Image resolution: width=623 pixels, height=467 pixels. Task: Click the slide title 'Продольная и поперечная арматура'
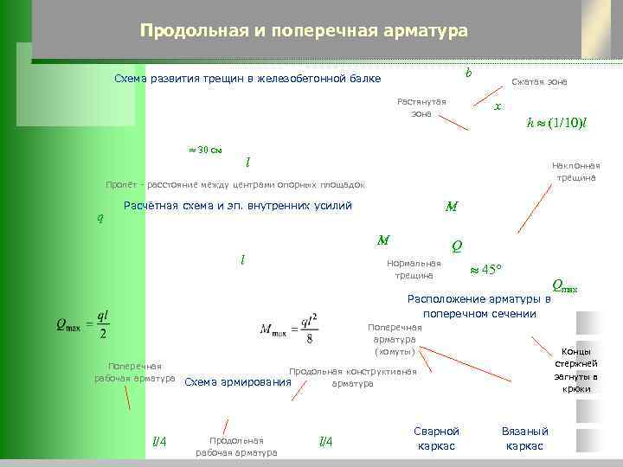304,31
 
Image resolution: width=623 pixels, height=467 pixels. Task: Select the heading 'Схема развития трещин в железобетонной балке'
247,79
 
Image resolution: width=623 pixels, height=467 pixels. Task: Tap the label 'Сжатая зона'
539,81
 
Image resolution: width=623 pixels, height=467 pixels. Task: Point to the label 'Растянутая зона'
421,107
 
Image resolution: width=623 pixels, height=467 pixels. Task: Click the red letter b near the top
468,72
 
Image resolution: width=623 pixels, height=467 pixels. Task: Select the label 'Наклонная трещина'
575,171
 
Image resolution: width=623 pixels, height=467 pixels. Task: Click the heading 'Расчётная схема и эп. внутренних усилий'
238,206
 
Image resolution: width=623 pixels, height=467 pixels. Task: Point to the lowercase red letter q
100,218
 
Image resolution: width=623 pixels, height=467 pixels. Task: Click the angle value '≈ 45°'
485,269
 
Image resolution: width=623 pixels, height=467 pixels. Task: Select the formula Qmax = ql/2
82,325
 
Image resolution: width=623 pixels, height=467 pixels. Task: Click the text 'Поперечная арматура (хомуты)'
395,340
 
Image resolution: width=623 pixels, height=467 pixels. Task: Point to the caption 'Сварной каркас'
437,438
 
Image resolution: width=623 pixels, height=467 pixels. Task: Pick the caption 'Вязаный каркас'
524,438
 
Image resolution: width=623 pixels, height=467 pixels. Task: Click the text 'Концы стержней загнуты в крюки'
575,370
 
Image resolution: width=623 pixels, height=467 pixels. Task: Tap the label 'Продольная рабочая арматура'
236,445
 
